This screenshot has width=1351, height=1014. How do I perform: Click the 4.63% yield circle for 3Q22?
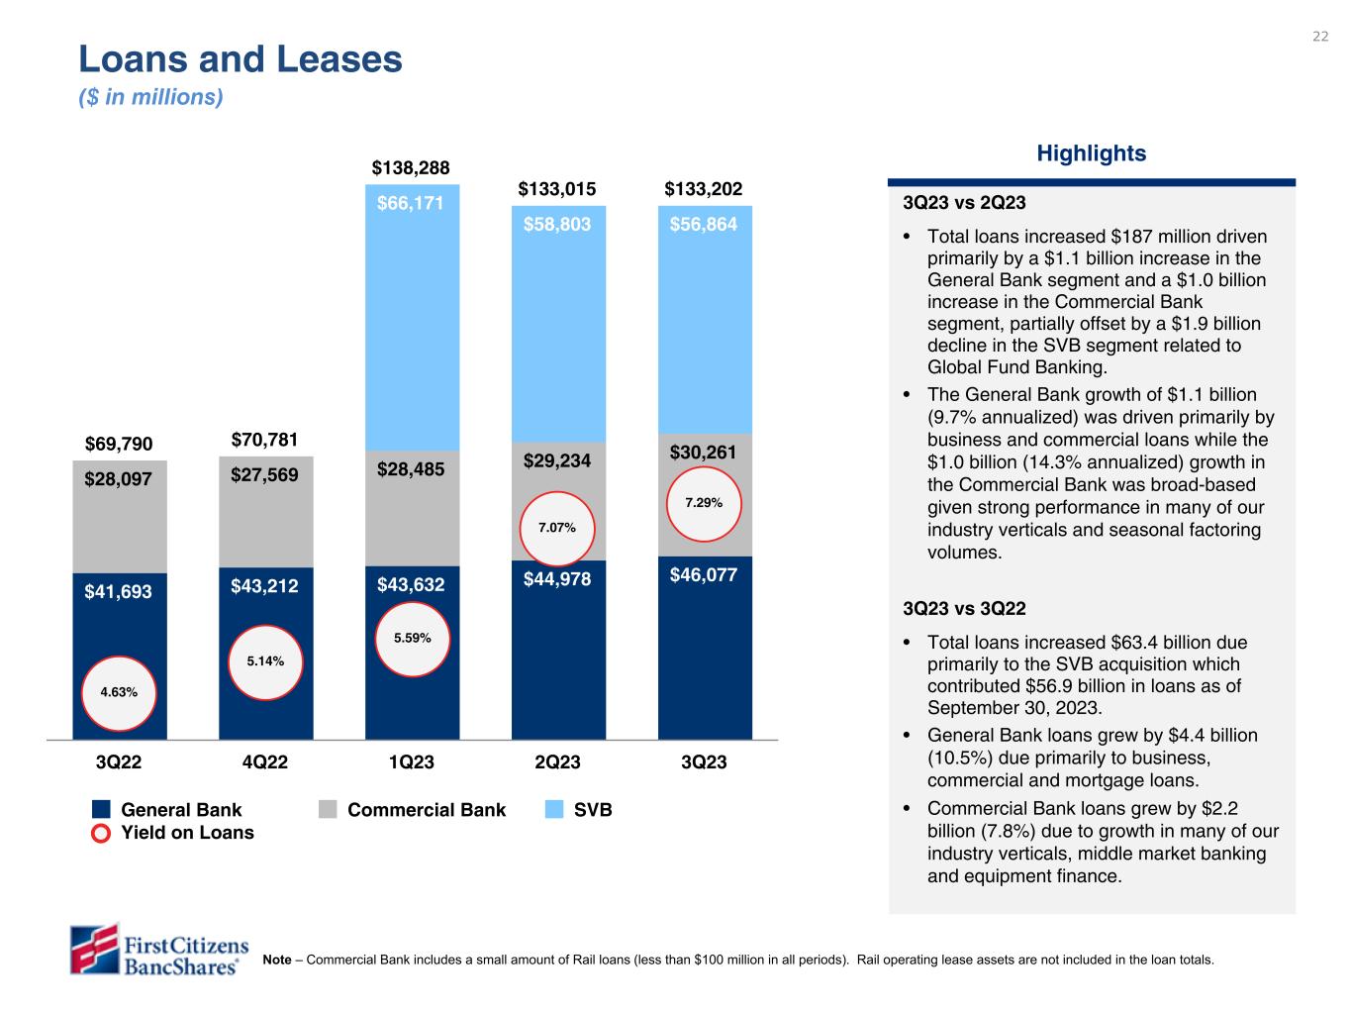point(119,693)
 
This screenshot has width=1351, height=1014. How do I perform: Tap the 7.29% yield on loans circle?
point(704,503)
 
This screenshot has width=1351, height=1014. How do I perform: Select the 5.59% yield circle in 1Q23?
point(412,639)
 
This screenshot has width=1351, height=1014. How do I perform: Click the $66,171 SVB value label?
point(411,204)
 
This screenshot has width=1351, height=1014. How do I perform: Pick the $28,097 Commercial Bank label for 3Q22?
point(119,479)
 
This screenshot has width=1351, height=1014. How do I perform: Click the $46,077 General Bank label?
point(704,574)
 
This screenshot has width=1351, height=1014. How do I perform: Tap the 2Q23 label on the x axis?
point(557,762)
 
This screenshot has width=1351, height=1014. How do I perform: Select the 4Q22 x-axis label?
point(265,762)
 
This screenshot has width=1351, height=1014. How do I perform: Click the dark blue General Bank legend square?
point(100,810)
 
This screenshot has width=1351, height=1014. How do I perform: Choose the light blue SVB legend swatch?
point(555,810)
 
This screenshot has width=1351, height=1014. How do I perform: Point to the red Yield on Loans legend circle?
point(100,834)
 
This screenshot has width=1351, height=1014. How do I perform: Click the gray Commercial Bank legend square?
point(328,810)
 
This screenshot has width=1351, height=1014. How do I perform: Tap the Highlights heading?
point(1091,153)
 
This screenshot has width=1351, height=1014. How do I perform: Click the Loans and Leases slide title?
point(241,60)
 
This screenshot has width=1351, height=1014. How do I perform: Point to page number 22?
point(1320,37)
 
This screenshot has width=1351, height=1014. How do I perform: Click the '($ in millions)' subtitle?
point(150,98)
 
